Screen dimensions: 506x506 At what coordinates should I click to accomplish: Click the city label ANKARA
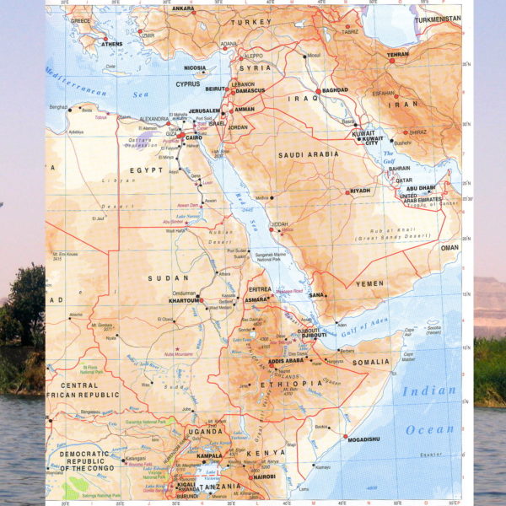click(183, 9)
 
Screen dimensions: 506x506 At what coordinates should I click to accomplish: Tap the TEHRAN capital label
click(397, 55)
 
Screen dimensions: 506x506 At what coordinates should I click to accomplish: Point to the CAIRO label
click(195, 136)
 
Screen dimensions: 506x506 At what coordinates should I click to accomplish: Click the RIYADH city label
click(360, 191)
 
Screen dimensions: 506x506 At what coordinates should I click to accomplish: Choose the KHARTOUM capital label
click(184, 300)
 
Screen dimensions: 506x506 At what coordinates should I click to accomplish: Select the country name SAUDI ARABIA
click(309, 154)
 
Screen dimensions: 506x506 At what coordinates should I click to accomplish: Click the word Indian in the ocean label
click(428, 390)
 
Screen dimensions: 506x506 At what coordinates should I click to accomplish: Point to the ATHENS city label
click(110, 44)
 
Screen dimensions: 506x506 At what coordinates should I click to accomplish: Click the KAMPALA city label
click(209, 456)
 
